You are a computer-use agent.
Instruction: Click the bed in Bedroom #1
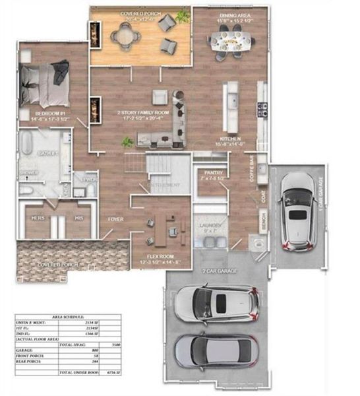(45, 82)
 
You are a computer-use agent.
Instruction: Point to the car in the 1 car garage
(297, 213)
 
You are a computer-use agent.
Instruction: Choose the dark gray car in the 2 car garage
(216, 350)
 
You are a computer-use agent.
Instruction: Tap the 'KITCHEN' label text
(231, 138)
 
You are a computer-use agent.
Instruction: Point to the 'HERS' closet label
(38, 217)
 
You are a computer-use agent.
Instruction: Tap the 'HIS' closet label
(78, 217)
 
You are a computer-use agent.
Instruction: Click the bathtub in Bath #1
(28, 145)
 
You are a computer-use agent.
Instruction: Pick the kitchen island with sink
(231, 106)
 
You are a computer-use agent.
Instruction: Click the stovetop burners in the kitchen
(262, 106)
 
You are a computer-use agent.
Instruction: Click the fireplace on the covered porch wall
(96, 34)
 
